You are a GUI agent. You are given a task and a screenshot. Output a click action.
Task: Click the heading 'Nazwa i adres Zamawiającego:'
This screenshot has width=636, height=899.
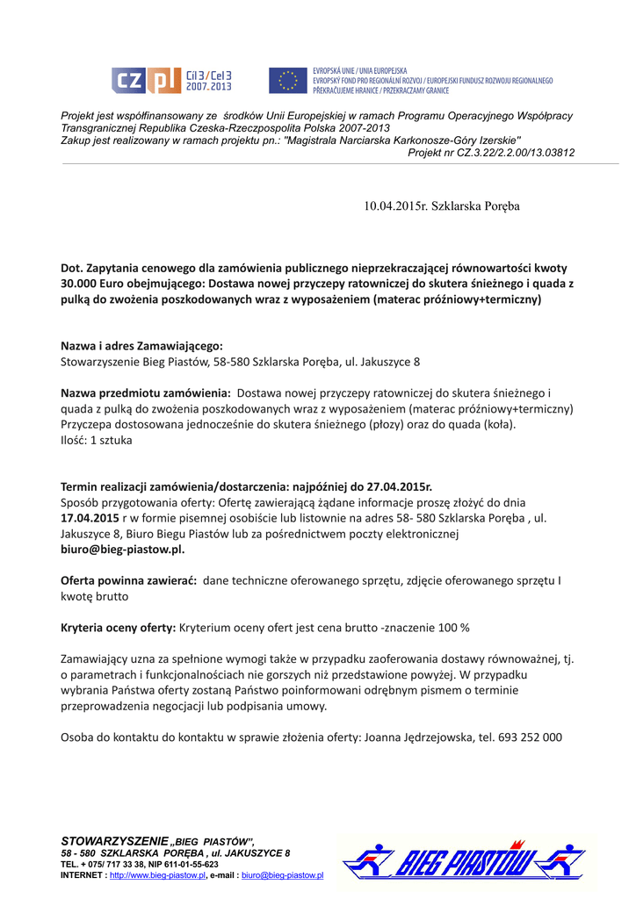141,346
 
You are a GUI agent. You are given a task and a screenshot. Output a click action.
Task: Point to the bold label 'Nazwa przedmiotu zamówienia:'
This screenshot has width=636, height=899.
145,393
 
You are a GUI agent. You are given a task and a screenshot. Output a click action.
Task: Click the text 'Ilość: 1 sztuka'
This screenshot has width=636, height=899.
96,441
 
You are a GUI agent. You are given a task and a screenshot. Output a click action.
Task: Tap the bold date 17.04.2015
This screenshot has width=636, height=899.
89,518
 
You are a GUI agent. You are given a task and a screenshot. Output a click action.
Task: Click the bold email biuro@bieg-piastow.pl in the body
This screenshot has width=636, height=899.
122,550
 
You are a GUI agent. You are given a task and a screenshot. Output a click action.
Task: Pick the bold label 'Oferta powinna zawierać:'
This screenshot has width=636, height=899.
128,581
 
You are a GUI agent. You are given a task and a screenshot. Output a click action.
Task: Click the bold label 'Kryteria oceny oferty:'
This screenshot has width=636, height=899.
118,628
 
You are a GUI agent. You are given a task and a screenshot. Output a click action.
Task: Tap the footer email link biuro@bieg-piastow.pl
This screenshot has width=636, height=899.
282,875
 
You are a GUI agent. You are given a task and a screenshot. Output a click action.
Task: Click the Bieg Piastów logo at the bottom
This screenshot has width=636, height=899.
463,861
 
